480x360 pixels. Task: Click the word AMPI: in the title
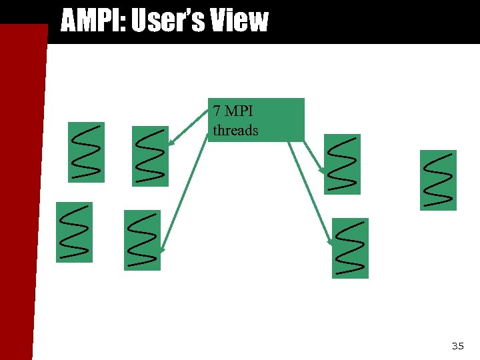(x=93, y=21)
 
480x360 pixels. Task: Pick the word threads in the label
(x=235, y=130)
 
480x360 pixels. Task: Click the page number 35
(x=457, y=345)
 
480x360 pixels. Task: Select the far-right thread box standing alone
(x=438, y=180)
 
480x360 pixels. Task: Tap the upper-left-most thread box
(x=86, y=152)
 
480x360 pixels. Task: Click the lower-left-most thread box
(x=74, y=232)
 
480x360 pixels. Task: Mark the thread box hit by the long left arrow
(x=143, y=240)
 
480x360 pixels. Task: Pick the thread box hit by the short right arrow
(x=342, y=164)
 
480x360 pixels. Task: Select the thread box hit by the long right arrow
(x=350, y=248)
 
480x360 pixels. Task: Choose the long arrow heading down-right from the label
(x=311, y=193)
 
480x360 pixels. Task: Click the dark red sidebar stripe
(x=20, y=200)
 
